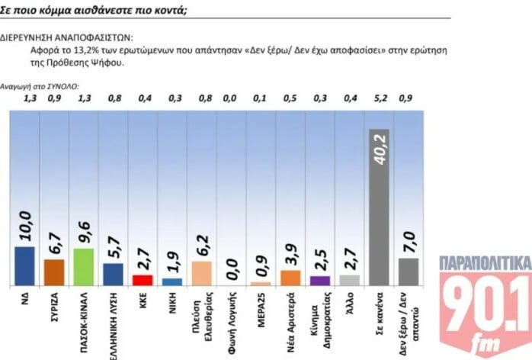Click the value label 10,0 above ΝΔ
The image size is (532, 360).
pos(24,226)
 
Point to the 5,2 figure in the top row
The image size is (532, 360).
pos(378,97)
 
